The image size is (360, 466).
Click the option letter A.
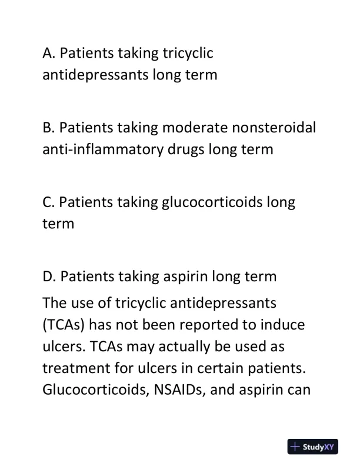(48, 54)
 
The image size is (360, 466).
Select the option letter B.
(48, 128)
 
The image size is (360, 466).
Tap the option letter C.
(48, 202)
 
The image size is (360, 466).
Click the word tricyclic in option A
(186, 55)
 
